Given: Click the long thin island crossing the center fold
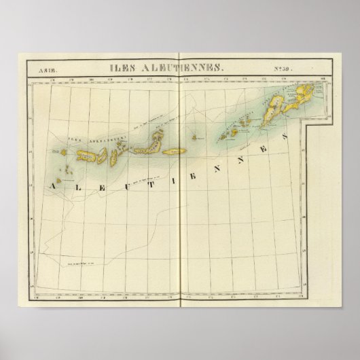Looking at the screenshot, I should [x=175, y=152].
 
